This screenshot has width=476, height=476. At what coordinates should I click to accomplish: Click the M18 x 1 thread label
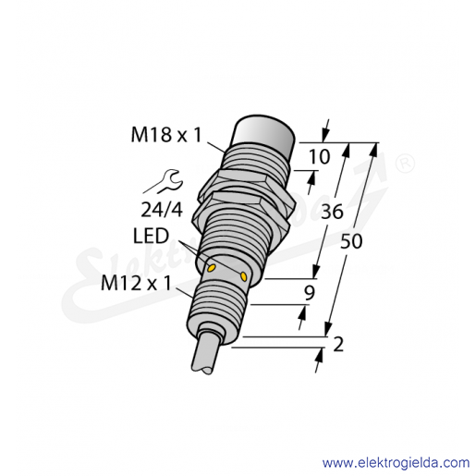[x=166, y=135]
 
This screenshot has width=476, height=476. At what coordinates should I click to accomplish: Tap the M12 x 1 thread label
[x=136, y=284]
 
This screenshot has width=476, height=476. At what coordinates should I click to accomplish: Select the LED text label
[x=151, y=236]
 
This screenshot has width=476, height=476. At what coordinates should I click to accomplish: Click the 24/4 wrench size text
[x=162, y=210]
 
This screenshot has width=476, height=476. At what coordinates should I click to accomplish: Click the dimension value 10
[x=320, y=157]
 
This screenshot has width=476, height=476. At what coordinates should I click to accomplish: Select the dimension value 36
[x=332, y=212]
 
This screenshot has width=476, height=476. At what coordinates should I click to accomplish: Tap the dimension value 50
[x=351, y=241]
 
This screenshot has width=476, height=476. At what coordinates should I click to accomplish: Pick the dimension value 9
[x=310, y=293]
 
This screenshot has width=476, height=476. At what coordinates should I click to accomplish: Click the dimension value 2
[x=338, y=345]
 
